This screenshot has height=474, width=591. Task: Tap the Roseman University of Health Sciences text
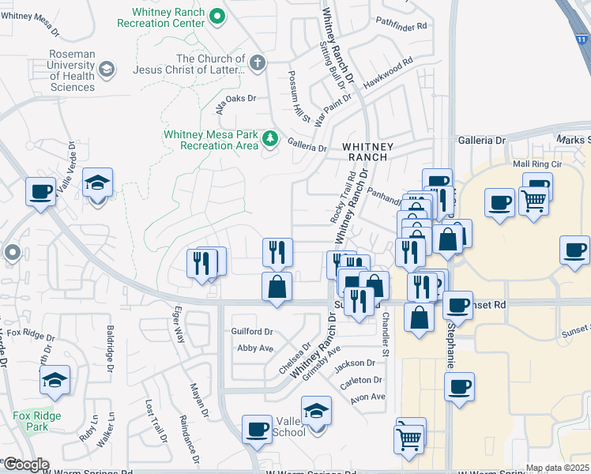[x=73, y=70]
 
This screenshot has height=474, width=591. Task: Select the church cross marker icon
[x=257, y=62]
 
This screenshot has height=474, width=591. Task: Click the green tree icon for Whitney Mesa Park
[x=271, y=139]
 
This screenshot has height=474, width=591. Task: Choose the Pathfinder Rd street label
[x=401, y=25]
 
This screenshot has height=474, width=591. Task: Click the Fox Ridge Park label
[x=32, y=420]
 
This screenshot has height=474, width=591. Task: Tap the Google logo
[x=25, y=465]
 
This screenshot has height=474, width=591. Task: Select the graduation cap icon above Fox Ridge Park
[x=54, y=380]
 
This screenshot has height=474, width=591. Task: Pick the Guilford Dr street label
[x=251, y=332]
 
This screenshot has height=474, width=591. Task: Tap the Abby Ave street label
[x=255, y=348]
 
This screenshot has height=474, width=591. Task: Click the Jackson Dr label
[x=354, y=363]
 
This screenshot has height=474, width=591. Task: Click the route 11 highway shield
[x=582, y=39]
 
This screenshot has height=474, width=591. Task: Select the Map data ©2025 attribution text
[x=557, y=468]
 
